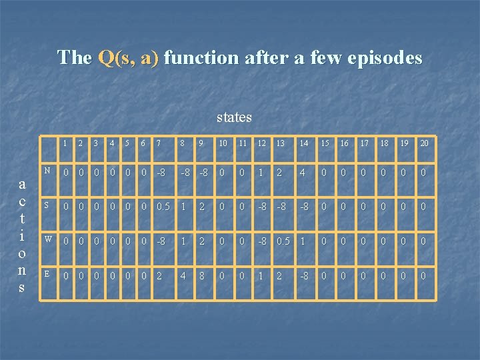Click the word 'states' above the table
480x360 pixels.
[x=234, y=117]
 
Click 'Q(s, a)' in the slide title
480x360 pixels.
[x=128, y=57]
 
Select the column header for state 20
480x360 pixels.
[x=424, y=143]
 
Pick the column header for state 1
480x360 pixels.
[x=65, y=143]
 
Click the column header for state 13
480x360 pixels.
[x=280, y=143]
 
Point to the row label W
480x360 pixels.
[x=47, y=239]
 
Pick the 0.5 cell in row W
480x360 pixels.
[x=283, y=241]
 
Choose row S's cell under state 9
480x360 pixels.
[x=201, y=207]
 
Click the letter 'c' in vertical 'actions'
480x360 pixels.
[x=22, y=201]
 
